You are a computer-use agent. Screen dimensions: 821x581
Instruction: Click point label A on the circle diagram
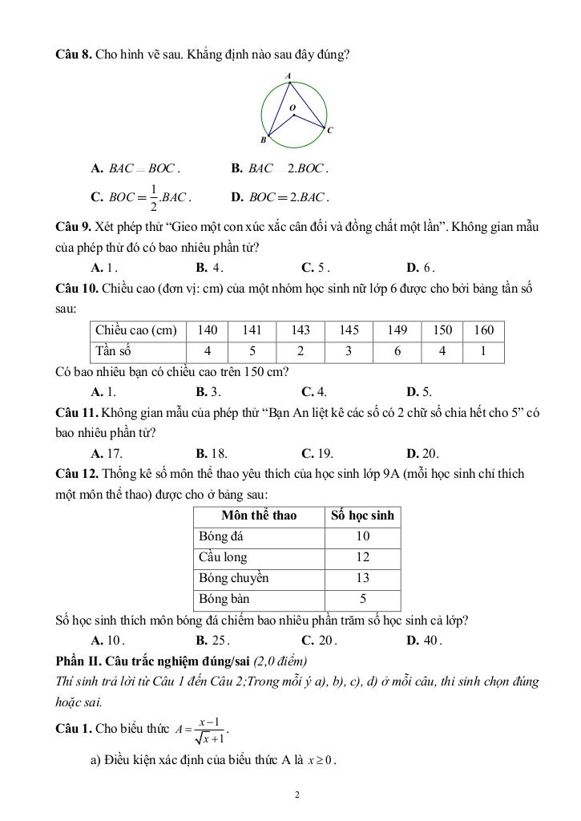tap(288, 76)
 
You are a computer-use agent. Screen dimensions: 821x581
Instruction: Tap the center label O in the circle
tap(292, 107)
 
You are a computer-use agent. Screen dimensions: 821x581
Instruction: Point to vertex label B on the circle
tap(263, 140)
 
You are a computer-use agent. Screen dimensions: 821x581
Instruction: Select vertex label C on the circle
tap(329, 130)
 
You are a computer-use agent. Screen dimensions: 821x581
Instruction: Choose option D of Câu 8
tap(280, 196)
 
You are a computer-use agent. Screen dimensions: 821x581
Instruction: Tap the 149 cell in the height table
tap(397, 330)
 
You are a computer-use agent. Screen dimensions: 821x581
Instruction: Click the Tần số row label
tap(113, 351)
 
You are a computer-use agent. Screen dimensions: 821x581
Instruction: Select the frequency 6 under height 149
tap(397, 351)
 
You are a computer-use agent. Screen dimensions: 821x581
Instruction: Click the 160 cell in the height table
tap(483, 330)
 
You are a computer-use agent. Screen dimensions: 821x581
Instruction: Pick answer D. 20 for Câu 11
tap(422, 453)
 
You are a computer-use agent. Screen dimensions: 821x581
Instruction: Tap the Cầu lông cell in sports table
tap(223, 557)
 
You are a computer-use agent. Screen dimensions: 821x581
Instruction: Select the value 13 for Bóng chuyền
tap(362, 578)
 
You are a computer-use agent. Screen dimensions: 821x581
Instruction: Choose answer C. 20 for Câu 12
tap(319, 641)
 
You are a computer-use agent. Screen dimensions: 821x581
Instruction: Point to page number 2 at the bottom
tap(297, 795)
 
